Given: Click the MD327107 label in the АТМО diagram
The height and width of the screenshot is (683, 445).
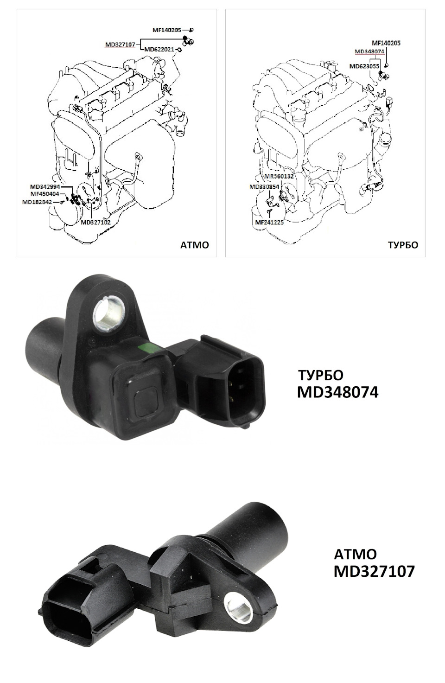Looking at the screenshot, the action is click(x=120, y=45).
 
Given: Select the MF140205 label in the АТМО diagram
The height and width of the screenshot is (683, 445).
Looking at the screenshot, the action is click(x=167, y=30).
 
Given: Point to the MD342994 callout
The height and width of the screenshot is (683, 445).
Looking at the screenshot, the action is click(x=45, y=186).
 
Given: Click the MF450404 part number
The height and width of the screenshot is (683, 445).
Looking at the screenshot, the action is click(x=45, y=194).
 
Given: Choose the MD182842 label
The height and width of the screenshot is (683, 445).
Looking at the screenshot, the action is click(x=37, y=202).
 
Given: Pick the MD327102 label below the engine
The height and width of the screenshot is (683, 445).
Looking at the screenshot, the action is click(x=95, y=223).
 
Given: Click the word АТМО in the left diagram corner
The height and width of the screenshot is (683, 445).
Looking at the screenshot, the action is click(x=195, y=245).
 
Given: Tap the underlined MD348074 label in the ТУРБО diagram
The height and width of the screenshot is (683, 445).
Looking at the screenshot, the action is click(x=369, y=52).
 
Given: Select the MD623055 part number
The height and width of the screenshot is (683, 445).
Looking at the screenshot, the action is click(x=364, y=66).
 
